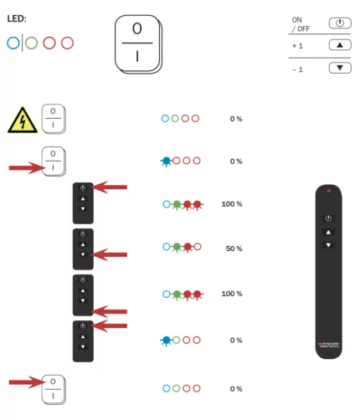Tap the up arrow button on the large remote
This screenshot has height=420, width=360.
pos(328,232)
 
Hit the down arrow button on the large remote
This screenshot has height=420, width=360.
pos(328,245)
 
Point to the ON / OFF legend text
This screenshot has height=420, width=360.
pos(299,23)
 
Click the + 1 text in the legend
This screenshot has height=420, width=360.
pos(298,45)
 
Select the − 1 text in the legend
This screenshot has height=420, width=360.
pos(298,69)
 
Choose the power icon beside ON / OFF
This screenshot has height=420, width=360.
pos(339,23)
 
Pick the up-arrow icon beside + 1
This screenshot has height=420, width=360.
pos(339,45)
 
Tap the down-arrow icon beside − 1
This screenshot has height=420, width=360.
pos(339,68)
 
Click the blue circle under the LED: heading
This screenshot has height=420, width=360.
pos(13,43)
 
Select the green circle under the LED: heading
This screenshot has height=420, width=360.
pos(31,43)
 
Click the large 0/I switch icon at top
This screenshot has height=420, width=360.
pos(137,44)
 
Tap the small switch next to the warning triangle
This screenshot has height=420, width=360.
pos(53,118)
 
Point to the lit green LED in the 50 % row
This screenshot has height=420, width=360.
pos(177,248)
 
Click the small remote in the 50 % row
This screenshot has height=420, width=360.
pos(83,248)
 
